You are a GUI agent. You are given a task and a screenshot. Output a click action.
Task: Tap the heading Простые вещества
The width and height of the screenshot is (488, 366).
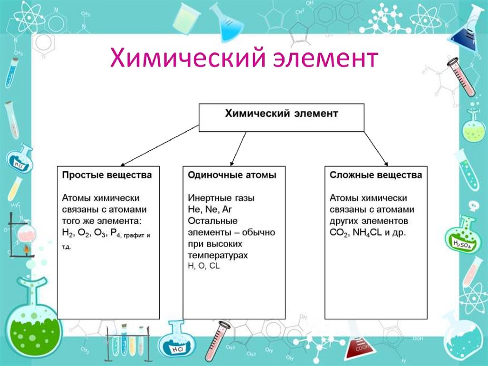[107, 175]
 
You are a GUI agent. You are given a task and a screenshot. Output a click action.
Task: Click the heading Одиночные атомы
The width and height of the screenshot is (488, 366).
[232, 175]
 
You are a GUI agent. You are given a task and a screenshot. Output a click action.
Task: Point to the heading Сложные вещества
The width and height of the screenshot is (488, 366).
[376, 175]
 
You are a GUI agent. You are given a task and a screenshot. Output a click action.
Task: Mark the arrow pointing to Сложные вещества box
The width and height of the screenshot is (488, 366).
[376, 148]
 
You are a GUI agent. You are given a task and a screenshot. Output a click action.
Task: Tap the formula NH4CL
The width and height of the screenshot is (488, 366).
[370, 234]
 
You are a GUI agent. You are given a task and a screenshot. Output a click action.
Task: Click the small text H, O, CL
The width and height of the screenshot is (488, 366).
[204, 267]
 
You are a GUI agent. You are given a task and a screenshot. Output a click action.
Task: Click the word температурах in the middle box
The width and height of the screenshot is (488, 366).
[218, 256]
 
